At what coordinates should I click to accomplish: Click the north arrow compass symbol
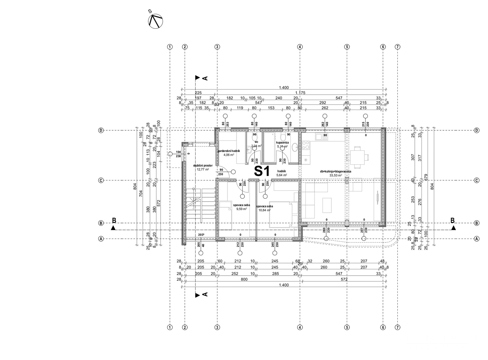[x=155, y=21]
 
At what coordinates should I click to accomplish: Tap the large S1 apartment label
[x=262, y=171]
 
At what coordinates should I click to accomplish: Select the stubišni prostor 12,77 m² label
[x=203, y=167]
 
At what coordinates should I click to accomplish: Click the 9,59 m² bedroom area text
[x=242, y=209]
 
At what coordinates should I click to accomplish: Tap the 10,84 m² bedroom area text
[x=263, y=210]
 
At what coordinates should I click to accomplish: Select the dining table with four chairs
[x=358, y=156]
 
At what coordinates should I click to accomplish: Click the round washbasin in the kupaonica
[x=294, y=147]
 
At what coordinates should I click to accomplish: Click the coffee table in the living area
[x=327, y=205]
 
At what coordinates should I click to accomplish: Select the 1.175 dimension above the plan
[x=300, y=93]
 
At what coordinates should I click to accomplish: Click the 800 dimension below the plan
[x=244, y=280]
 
